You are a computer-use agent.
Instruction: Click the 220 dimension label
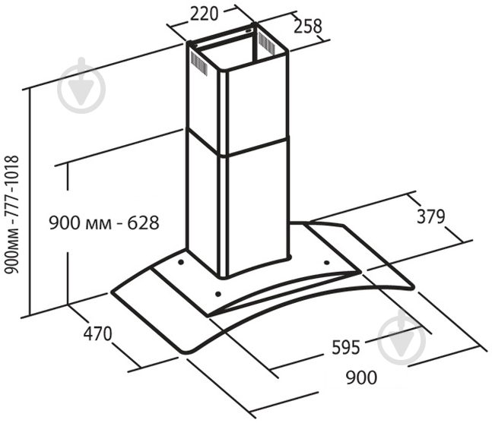pyautogui.click(x=204, y=14)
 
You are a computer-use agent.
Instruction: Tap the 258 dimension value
pyautogui.click(x=308, y=27)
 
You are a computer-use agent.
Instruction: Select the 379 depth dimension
pyautogui.click(x=431, y=216)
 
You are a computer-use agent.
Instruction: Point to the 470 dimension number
pyautogui.click(x=97, y=333)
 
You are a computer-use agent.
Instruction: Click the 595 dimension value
pyautogui.click(x=345, y=347)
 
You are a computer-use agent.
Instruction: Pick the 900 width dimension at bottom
pyautogui.click(x=361, y=377)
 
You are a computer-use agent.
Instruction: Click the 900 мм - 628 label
pyautogui.click(x=104, y=223)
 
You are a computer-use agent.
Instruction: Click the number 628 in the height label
pyautogui.click(x=143, y=223)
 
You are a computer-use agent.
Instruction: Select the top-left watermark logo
pyautogui.click(x=81, y=85)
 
